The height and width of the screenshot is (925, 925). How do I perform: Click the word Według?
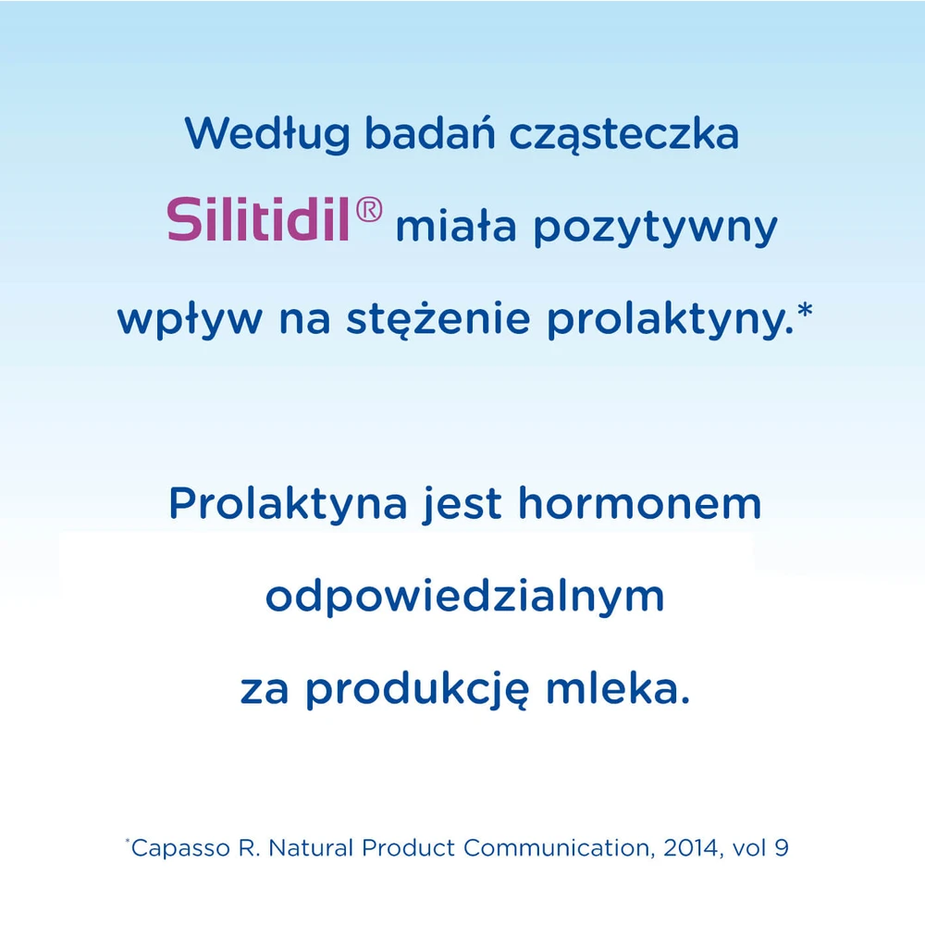(x=268, y=135)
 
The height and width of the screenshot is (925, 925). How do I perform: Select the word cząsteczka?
(x=624, y=135)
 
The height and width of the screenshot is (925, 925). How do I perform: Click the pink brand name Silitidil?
(x=258, y=219)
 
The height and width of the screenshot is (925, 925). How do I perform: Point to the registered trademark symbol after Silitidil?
(x=369, y=210)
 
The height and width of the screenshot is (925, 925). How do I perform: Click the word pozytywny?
(x=656, y=228)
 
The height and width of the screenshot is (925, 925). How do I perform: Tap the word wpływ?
(x=190, y=320)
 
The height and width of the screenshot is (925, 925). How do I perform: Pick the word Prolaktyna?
(x=288, y=504)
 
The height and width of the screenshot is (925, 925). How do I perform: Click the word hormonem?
(x=640, y=502)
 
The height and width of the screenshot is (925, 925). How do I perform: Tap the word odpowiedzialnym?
(x=465, y=598)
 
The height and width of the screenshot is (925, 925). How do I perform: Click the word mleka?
(x=618, y=688)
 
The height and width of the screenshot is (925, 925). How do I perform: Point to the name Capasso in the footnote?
(x=180, y=848)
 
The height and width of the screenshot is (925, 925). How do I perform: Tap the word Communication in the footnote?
(x=559, y=847)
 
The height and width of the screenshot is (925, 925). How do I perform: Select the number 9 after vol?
(x=782, y=847)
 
